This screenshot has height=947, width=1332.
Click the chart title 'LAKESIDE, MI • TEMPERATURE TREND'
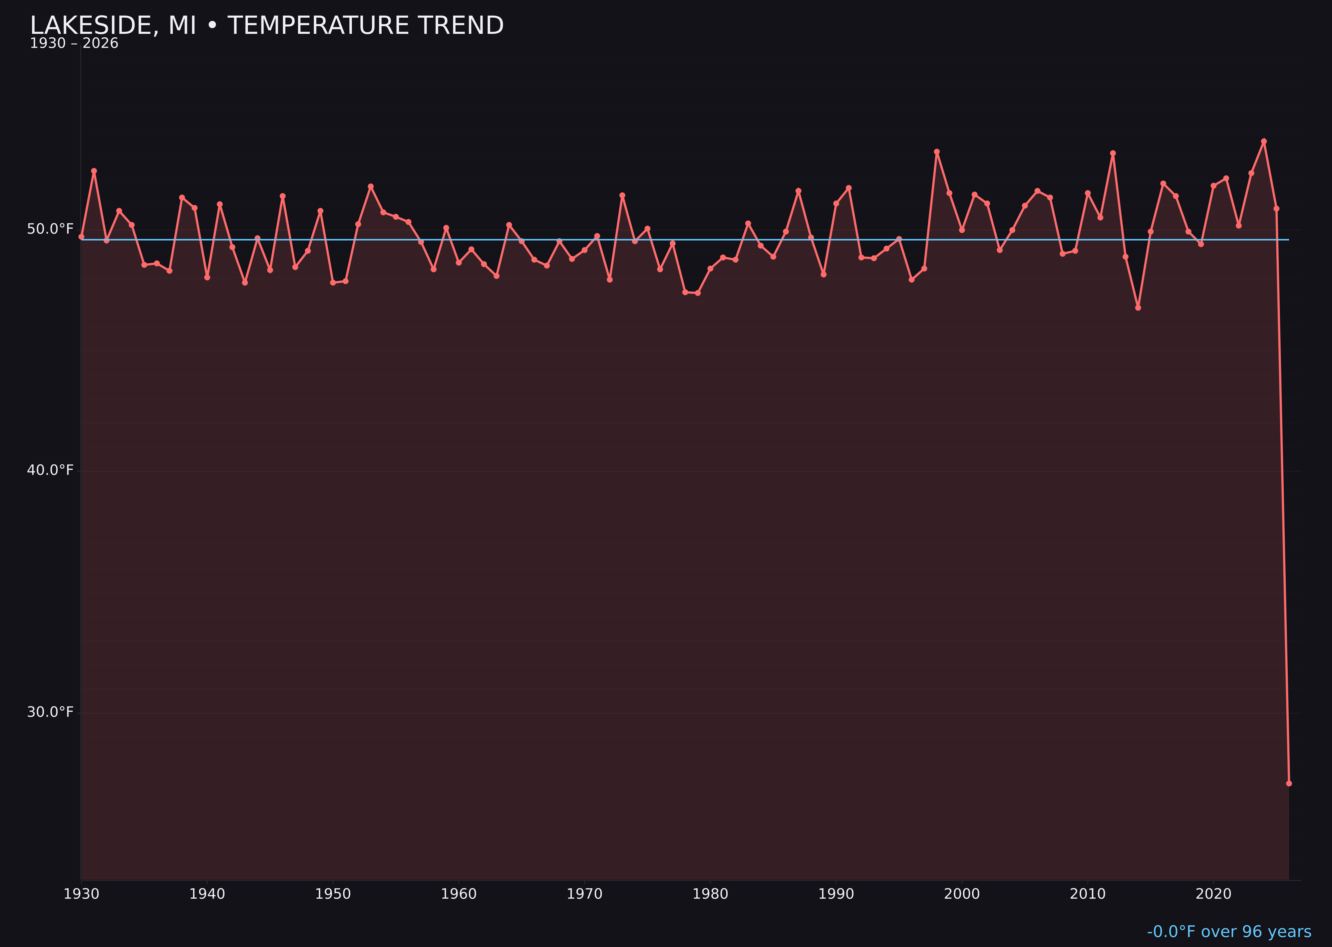(266, 26)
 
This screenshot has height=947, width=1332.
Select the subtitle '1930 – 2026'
(74, 44)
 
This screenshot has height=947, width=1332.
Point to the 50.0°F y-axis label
(50, 228)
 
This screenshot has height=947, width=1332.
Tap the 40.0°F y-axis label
(50, 470)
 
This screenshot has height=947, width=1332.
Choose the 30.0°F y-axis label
(50, 712)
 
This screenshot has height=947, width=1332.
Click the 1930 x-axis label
(82, 894)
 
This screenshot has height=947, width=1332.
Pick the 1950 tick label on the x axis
(333, 894)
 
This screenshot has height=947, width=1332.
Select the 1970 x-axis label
(584, 894)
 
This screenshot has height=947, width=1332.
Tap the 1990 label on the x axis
(836, 894)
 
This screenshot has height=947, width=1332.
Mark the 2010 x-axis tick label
(1088, 894)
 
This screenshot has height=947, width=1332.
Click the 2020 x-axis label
(1213, 894)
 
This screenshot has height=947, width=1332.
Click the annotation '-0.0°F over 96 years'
(1229, 932)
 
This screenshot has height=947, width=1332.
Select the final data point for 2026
(1289, 783)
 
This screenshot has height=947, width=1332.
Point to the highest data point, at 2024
(1264, 141)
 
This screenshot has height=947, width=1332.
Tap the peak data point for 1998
(937, 152)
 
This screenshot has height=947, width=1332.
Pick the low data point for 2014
(1138, 307)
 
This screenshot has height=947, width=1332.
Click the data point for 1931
(94, 171)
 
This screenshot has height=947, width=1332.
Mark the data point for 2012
(1113, 154)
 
